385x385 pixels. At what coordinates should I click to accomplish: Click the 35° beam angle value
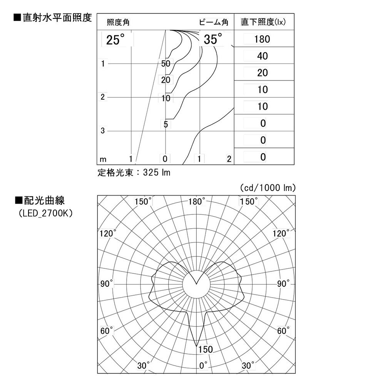tap(213, 40)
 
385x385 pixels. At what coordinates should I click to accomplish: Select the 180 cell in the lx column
tap(262, 39)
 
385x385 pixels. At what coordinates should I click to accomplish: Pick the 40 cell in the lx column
tap(262, 56)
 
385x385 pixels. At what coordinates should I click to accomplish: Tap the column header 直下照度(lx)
tap(263, 22)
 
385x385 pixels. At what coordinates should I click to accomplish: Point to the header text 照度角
tap(118, 22)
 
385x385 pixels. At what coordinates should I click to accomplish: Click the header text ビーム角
tap(214, 22)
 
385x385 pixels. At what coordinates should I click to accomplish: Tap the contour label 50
tap(166, 64)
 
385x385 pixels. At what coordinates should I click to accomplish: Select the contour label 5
tap(166, 124)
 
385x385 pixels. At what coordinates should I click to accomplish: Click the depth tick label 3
tap(103, 131)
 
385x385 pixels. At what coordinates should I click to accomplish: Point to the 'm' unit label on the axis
tap(103, 159)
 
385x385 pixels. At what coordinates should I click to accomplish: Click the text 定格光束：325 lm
tap(134, 172)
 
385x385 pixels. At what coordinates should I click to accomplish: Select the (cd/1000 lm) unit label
tap(268, 188)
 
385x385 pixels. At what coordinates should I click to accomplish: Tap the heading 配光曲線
tap(40, 201)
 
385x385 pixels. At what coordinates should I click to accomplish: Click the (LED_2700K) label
tap(45, 213)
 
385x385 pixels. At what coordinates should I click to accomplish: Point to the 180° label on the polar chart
tap(198, 202)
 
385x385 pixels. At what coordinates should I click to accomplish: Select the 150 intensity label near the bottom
tap(206, 350)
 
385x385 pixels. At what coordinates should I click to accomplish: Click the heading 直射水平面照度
tap(53, 18)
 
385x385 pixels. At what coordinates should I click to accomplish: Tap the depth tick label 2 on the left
tap(103, 97)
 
